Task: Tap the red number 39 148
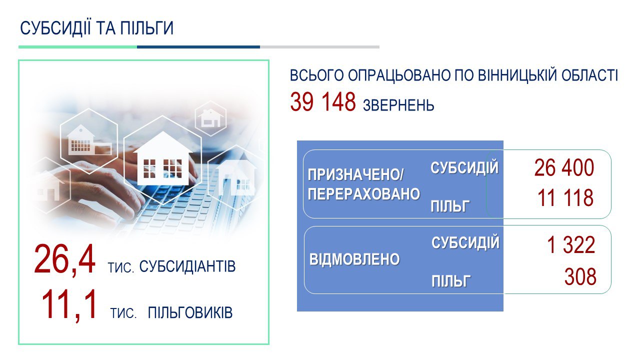click(x=323, y=101)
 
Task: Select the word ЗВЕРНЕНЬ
click(x=398, y=105)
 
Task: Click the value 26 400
click(x=564, y=167)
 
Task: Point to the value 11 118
click(x=565, y=197)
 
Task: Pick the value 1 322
click(x=571, y=245)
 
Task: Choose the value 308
click(x=580, y=276)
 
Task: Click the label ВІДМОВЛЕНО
click(x=354, y=259)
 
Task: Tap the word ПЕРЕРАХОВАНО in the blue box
click(x=363, y=194)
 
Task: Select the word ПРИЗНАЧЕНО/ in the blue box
click(x=355, y=175)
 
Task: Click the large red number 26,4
click(x=64, y=260)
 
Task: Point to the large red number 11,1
click(x=69, y=305)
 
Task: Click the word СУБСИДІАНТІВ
click(x=187, y=266)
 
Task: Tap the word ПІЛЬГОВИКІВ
click(x=190, y=312)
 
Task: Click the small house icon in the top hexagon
click(x=210, y=117)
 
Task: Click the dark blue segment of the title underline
click(x=198, y=47)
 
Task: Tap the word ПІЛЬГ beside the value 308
click(x=451, y=281)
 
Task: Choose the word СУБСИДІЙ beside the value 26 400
click(x=464, y=167)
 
